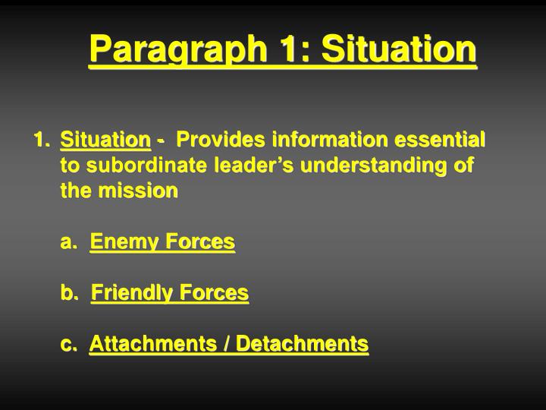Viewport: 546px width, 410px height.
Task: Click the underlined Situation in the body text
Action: pos(105,140)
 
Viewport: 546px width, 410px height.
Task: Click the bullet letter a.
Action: pos(69,242)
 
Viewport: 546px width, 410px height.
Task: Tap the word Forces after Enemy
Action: pos(199,242)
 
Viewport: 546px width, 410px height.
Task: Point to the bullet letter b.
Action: pos(69,293)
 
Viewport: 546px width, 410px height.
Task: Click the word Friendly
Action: pos(131,293)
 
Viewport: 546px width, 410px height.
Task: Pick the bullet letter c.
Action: pos(69,344)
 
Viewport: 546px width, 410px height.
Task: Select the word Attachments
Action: pos(153,344)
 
